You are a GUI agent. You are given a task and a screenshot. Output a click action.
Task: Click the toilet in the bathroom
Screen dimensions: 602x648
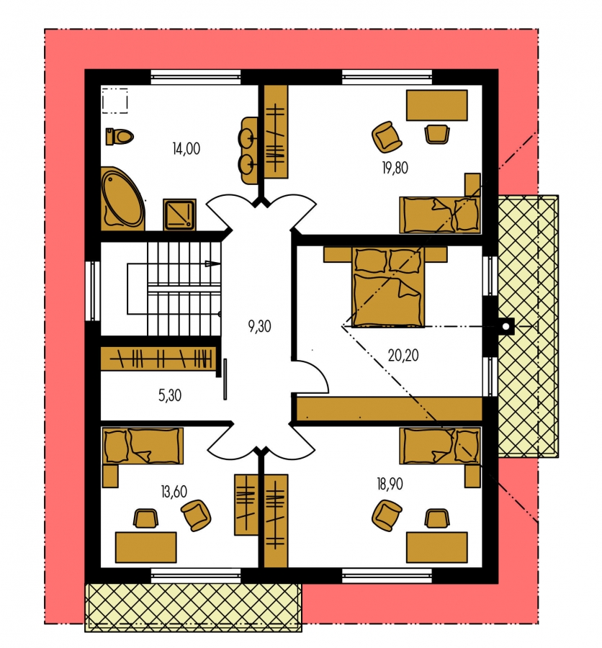pyautogui.click(x=120, y=136)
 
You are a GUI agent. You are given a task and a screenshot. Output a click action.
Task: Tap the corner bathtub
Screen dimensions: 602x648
pyautogui.click(x=123, y=199)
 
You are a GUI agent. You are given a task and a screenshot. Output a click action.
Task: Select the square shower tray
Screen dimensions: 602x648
pyautogui.click(x=179, y=214)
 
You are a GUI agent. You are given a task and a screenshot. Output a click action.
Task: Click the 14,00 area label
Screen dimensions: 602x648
pyautogui.click(x=187, y=148)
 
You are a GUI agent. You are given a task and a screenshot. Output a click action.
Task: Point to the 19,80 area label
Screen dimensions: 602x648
pyautogui.click(x=395, y=168)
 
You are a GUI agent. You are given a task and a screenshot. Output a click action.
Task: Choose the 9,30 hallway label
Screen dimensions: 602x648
pyautogui.click(x=260, y=326)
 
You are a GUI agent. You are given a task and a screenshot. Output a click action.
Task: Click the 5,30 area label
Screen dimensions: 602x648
pyautogui.click(x=170, y=395)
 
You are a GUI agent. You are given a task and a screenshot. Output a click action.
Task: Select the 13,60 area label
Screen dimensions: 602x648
pyautogui.click(x=174, y=491)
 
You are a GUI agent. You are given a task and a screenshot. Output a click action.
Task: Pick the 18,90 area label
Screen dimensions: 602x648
pyautogui.click(x=390, y=484)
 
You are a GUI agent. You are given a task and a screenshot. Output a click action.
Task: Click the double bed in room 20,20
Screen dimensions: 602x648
pyautogui.click(x=388, y=287)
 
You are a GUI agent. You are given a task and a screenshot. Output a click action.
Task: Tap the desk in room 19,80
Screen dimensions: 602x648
pyautogui.click(x=436, y=105)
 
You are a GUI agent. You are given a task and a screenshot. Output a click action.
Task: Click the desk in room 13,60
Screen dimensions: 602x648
pyautogui.click(x=146, y=547)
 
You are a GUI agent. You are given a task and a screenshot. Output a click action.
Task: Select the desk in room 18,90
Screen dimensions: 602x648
pyautogui.click(x=436, y=547)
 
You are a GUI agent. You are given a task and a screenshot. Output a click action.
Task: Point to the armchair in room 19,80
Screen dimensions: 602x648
pyautogui.click(x=387, y=136)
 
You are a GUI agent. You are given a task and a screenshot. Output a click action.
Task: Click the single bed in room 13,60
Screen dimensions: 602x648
pyautogui.click(x=143, y=446)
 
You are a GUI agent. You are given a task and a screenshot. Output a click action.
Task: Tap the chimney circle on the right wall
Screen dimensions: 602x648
pyautogui.click(x=506, y=326)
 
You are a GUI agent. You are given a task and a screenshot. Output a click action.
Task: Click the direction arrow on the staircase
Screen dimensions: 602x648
pyautogui.click(x=212, y=264)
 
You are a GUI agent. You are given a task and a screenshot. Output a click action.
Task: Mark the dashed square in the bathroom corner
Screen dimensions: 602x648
pyautogui.click(x=114, y=100)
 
